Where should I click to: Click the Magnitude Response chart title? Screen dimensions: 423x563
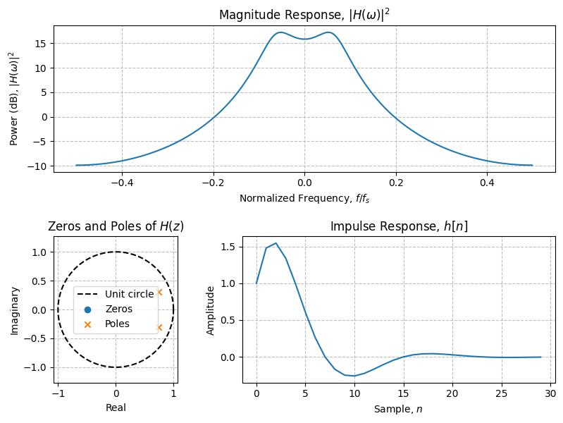pyautogui.click(x=304, y=15)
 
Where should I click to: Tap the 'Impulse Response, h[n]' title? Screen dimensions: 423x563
pyautogui.click(x=399, y=226)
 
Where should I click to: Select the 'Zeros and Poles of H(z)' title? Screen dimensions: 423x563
pyautogui.click(x=116, y=226)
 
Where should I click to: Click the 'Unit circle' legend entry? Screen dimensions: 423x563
pyautogui.click(x=129, y=294)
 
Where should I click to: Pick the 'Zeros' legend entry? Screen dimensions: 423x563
pyautogui.click(x=118, y=309)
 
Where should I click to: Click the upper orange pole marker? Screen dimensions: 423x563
pyautogui.click(x=159, y=292)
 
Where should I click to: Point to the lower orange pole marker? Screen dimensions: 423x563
pyautogui.click(x=159, y=327)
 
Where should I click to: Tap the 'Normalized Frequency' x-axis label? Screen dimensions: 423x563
pyautogui.click(x=304, y=198)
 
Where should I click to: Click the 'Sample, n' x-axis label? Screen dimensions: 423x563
pyautogui.click(x=399, y=409)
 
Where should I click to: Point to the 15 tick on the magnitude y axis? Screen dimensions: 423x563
pyautogui.click(x=42, y=44)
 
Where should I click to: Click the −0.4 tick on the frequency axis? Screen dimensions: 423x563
pyautogui.click(x=122, y=182)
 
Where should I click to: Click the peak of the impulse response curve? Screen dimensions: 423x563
pyautogui.click(x=276, y=243)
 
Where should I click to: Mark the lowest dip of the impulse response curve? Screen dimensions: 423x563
pyautogui.click(x=354, y=376)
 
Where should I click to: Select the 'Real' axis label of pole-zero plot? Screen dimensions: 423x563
pyautogui.click(x=116, y=407)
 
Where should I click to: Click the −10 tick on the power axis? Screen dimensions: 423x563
pyautogui.click(x=40, y=166)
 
